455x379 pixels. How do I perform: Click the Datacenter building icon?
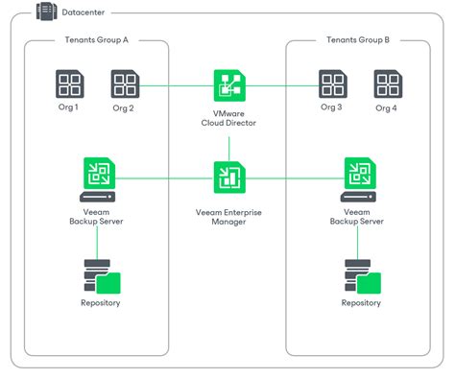click(x=44, y=12)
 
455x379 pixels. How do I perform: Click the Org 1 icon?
click(x=69, y=83)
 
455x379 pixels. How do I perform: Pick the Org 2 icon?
click(x=124, y=83)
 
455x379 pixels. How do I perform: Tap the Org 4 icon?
click(x=387, y=83)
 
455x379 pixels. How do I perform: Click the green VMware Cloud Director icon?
click(x=228, y=84)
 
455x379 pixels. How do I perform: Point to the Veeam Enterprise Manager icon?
click(x=228, y=177)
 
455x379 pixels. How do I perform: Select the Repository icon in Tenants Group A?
click(x=98, y=278)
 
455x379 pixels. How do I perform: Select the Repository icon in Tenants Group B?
click(x=359, y=278)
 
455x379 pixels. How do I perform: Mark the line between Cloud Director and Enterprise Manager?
click(x=228, y=148)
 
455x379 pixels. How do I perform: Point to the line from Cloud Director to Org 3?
click(x=280, y=84)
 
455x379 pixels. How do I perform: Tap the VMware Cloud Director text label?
click(x=228, y=119)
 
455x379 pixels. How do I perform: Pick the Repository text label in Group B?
click(x=359, y=303)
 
